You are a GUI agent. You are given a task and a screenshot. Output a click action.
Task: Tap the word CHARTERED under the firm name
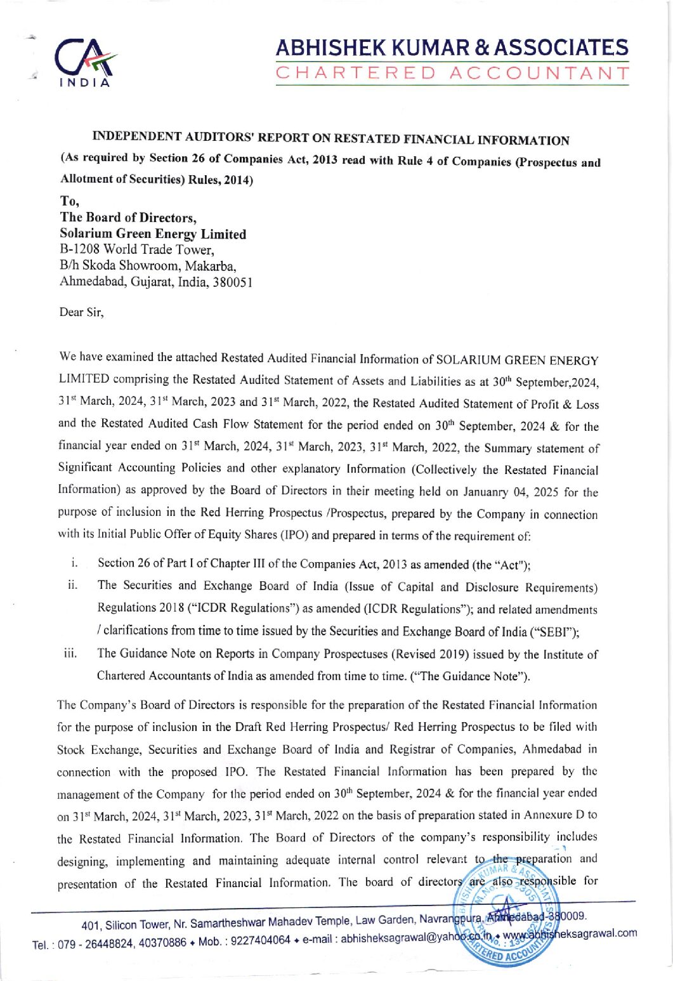[x=356, y=74]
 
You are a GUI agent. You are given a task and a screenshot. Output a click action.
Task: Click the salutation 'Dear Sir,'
[x=81, y=312]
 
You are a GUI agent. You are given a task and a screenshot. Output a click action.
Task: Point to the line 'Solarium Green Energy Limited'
[x=153, y=234]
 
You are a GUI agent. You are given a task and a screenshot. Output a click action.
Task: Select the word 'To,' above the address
[x=69, y=201]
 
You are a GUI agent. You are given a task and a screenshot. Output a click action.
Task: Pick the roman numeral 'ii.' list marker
[x=72, y=585]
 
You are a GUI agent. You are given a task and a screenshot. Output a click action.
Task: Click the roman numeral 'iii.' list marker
[x=70, y=653]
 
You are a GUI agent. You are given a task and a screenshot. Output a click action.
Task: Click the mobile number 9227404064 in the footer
[x=261, y=940]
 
